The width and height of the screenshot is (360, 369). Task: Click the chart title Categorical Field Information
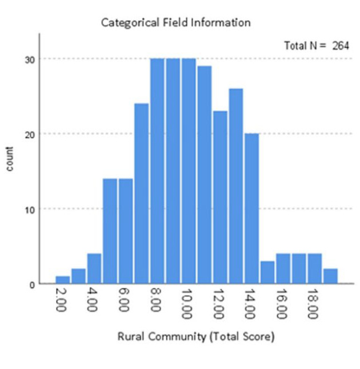175,23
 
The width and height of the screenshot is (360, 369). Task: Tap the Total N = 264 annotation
316,46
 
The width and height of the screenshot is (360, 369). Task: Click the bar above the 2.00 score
63,280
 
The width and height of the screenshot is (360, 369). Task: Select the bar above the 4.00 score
94,268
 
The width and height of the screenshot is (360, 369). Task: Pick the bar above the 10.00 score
189,171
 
